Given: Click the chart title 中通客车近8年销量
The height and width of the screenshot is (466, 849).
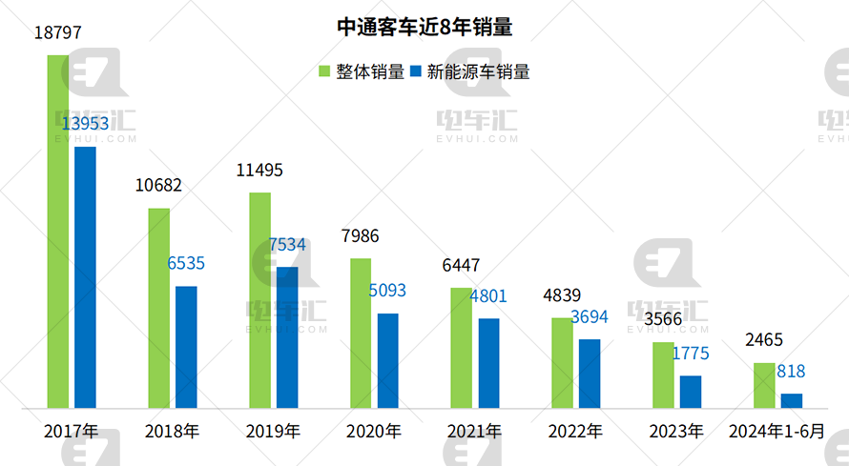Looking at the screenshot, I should click(424, 28).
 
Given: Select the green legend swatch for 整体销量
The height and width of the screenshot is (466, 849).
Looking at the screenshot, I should click(324, 71).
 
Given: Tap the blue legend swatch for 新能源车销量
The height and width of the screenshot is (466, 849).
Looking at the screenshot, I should click(416, 71).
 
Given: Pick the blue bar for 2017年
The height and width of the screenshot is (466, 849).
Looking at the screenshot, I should click(85, 277).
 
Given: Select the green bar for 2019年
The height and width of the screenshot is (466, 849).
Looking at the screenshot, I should click(259, 300).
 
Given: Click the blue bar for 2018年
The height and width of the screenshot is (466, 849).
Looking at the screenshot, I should click(186, 347).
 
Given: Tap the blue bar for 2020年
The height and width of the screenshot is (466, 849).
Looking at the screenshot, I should click(387, 360).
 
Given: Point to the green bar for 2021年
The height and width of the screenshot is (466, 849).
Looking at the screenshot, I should click(461, 348).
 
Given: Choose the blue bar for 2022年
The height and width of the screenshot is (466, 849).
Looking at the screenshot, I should click(590, 374).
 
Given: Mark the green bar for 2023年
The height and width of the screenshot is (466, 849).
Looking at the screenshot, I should click(663, 375).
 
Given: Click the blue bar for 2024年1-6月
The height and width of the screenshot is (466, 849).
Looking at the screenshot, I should click(792, 401).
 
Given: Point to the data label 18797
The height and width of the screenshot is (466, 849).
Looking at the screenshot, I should click(57, 32).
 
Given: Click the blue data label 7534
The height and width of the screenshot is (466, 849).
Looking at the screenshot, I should click(286, 245).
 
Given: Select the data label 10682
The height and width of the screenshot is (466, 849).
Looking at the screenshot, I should click(158, 186).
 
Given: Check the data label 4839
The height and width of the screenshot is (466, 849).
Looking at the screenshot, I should click(562, 295).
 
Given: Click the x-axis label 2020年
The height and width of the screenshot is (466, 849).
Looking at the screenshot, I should click(373, 432).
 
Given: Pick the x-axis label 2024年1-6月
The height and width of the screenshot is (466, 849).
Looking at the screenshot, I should click(777, 432).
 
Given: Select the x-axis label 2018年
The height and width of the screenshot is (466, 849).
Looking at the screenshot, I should click(172, 432).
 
